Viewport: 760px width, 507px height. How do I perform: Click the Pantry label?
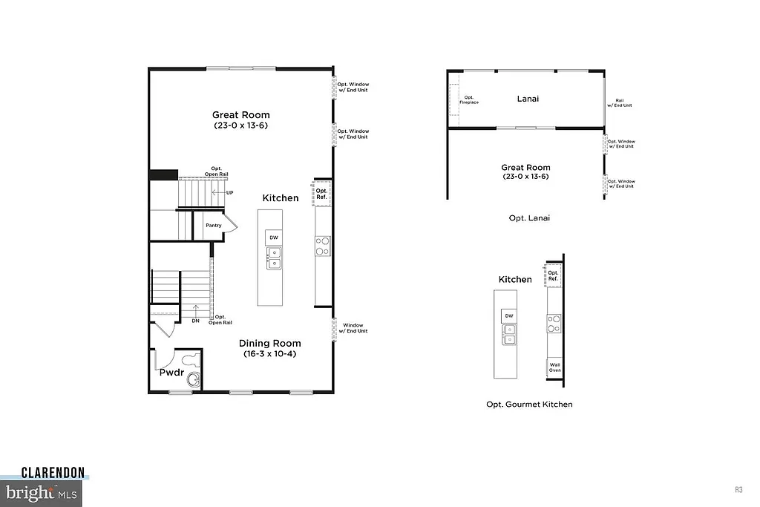[214, 225]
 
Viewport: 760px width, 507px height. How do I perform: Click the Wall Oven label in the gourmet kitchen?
[554, 367]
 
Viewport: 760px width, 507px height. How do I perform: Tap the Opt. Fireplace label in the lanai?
[469, 99]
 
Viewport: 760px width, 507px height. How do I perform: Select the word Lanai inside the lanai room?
[528, 98]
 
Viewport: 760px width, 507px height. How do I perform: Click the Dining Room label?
[269, 343]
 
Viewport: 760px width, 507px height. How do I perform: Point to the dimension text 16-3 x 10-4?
[269, 354]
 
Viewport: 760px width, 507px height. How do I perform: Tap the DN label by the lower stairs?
[195, 321]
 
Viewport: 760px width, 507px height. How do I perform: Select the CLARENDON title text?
[53, 472]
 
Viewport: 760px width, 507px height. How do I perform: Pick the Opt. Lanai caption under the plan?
[528, 218]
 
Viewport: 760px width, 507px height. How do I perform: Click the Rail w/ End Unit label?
[619, 103]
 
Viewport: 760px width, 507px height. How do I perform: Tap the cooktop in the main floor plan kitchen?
[323, 246]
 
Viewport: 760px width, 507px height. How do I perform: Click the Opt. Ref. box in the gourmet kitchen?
[553, 275]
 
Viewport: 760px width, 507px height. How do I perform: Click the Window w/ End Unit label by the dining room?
[353, 328]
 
